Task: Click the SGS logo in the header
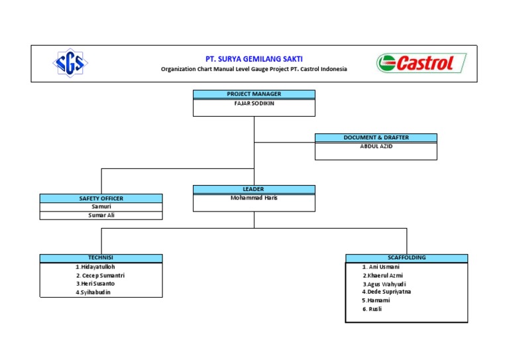pyautogui.click(x=70, y=64)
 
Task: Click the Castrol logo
pyautogui.click(x=422, y=63)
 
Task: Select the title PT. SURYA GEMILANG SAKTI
pyautogui.click(x=254, y=59)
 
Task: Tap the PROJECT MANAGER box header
pyautogui.click(x=254, y=94)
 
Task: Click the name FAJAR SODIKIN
pyautogui.click(x=254, y=103)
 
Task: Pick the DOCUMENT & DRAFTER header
pyautogui.click(x=376, y=137)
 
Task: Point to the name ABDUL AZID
pyautogui.click(x=376, y=147)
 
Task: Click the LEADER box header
pyautogui.click(x=254, y=189)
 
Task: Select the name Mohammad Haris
pyautogui.click(x=254, y=198)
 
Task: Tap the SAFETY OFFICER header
pyautogui.click(x=101, y=198)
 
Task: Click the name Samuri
pyautogui.click(x=101, y=206)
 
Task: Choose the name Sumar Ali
pyautogui.click(x=101, y=215)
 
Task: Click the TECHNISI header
pyautogui.click(x=101, y=258)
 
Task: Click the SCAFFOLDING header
pyautogui.click(x=406, y=258)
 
